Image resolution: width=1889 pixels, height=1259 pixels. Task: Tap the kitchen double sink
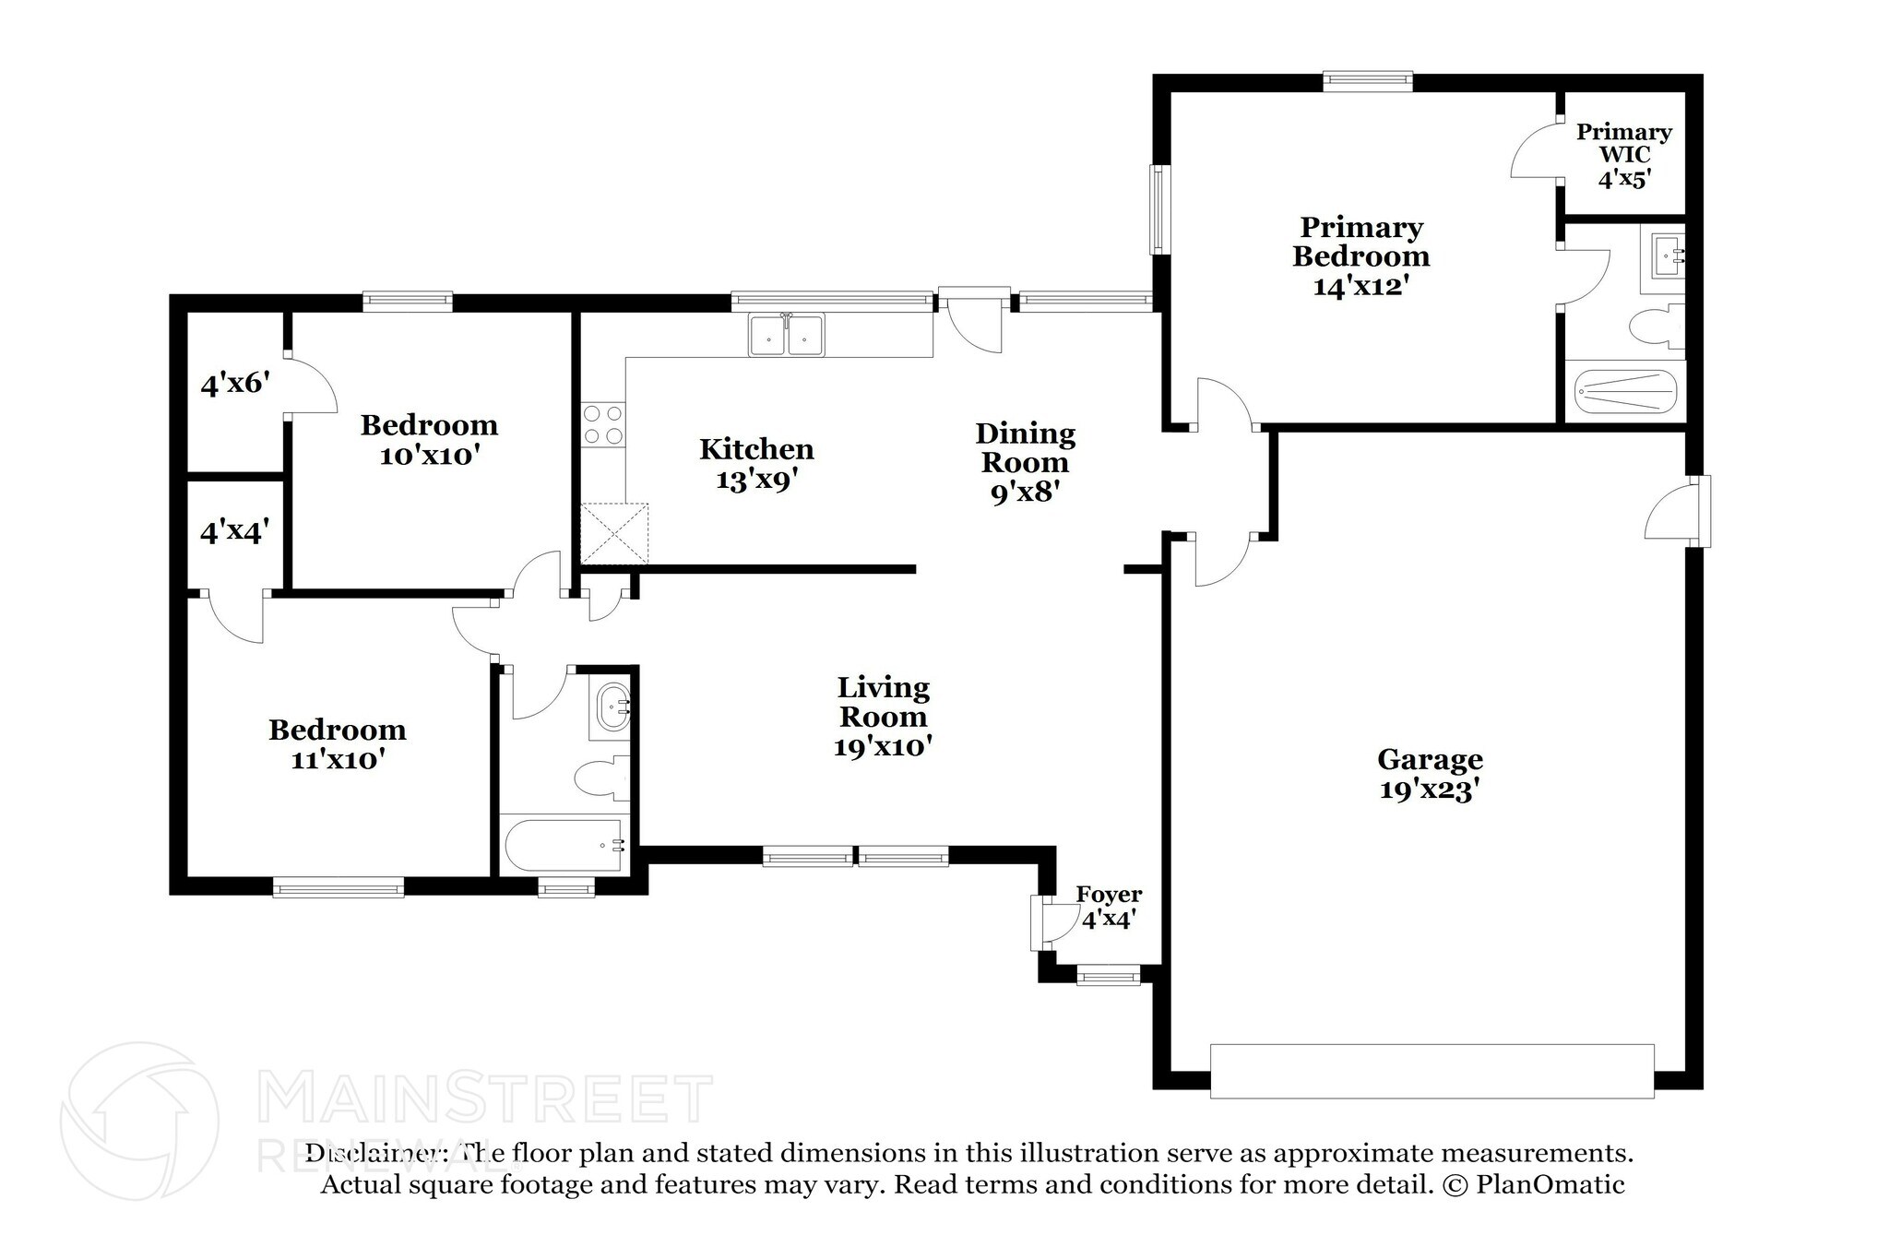point(787,335)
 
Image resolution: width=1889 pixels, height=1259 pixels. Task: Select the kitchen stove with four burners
point(602,426)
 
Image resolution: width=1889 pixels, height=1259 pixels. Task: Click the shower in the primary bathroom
point(1625,391)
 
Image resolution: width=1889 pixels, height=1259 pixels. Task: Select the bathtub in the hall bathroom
point(564,844)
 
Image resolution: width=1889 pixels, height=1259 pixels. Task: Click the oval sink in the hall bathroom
point(612,708)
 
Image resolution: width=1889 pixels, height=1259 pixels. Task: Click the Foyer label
point(1109,894)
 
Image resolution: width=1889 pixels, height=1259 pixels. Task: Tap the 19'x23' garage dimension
point(1430,790)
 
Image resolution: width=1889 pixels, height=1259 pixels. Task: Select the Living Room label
point(883,702)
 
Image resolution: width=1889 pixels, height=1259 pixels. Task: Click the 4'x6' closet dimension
point(234,382)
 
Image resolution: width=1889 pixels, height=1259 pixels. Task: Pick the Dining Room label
point(1025,447)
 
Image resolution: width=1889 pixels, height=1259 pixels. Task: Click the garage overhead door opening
point(1432,1071)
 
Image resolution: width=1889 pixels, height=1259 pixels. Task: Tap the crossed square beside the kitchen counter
point(614,533)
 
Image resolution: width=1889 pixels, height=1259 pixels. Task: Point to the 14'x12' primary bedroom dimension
point(1360,286)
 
